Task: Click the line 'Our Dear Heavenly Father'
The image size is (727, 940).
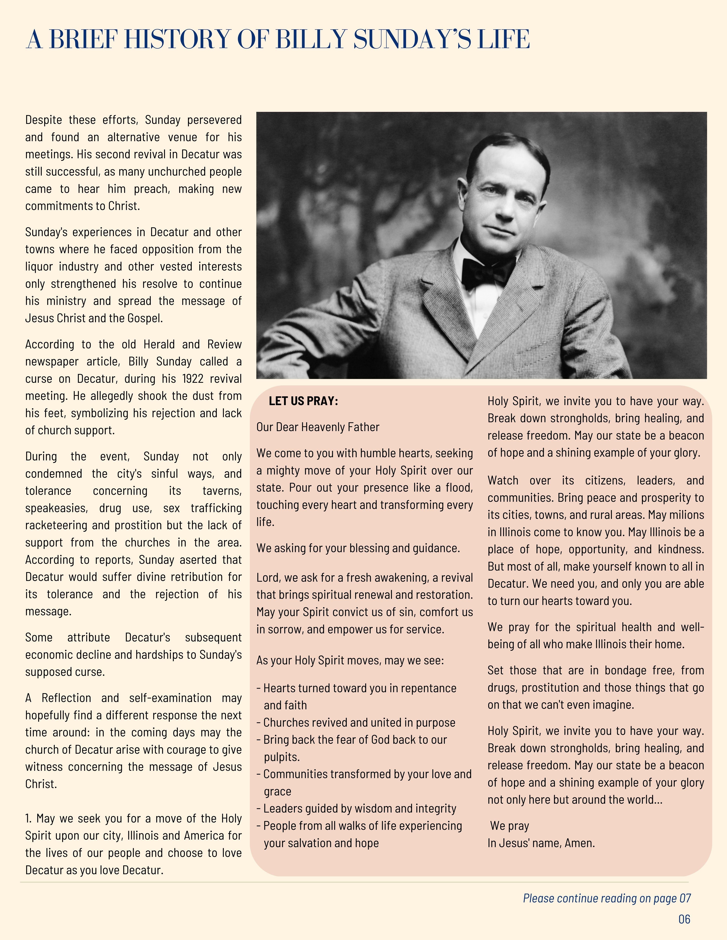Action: tap(318, 427)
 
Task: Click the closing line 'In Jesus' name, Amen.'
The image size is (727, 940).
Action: tap(541, 843)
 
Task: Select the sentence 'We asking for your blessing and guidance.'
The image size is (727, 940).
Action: tap(358, 548)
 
